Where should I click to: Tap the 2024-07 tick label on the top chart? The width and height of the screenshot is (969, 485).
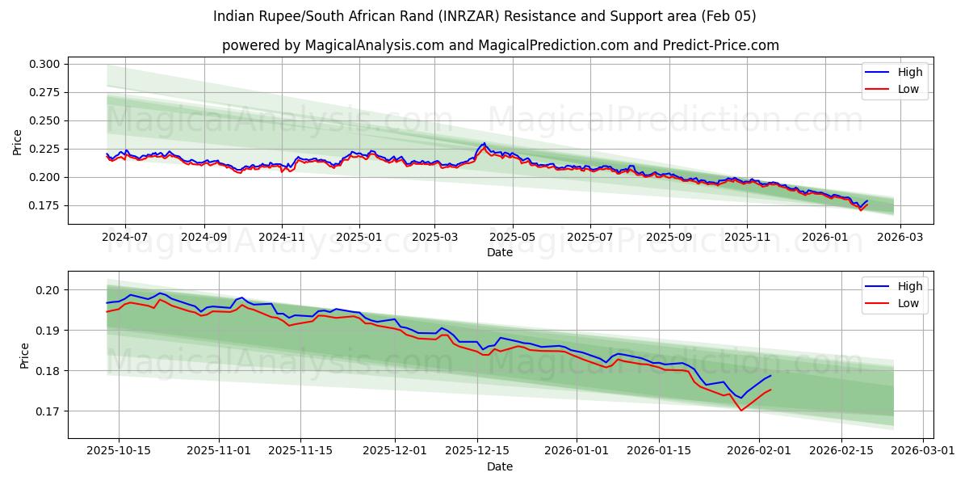point(125,238)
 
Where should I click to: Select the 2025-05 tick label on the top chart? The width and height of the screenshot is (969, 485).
point(513,238)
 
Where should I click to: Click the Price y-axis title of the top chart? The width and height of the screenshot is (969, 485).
point(18,142)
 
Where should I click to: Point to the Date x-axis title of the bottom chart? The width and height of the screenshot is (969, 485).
point(499,466)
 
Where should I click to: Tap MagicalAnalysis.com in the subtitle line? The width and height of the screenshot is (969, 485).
point(374,45)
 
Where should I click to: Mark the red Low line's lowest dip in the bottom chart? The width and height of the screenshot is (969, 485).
point(741,411)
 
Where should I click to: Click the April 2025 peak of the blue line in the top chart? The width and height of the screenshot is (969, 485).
point(484,143)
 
